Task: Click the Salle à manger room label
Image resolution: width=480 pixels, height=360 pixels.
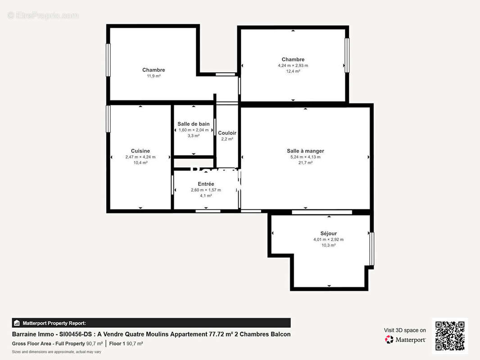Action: click(x=305, y=151)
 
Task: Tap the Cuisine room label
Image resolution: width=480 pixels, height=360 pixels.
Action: click(x=140, y=151)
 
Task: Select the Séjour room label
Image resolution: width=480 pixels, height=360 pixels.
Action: click(x=328, y=234)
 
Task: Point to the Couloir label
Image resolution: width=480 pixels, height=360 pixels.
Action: click(x=227, y=133)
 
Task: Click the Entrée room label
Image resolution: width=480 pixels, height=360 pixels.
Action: click(x=206, y=184)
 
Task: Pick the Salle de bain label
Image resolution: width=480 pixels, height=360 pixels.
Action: click(x=193, y=124)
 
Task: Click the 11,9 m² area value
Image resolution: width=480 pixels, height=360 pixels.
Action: click(x=154, y=76)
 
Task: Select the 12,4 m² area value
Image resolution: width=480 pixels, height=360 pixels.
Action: click(x=293, y=71)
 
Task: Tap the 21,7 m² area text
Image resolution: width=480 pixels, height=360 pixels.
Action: click(x=305, y=163)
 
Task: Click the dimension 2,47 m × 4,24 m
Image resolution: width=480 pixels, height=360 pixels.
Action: click(x=140, y=157)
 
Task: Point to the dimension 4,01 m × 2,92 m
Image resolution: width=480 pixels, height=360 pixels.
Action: click(x=328, y=239)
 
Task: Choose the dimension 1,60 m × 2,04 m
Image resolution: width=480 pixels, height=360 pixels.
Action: click(x=193, y=130)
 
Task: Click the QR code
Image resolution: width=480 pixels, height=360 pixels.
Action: click(x=450, y=336)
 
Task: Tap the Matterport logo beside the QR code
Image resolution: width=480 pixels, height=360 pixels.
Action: click(x=405, y=340)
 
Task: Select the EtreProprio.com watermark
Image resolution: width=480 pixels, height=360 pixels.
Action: click(x=43, y=15)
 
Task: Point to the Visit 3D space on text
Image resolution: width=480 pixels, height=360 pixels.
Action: click(x=405, y=330)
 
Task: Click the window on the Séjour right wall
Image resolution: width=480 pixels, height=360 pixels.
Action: click(x=371, y=248)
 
